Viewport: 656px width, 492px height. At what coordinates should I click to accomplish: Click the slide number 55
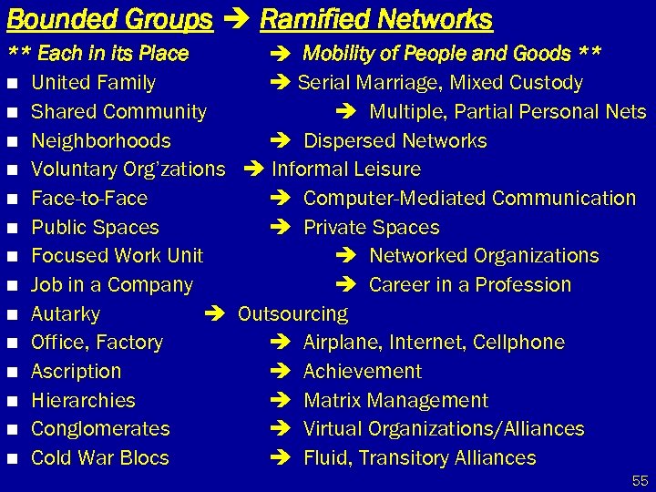[640, 479]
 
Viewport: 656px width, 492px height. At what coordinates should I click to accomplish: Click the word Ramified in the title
[307, 19]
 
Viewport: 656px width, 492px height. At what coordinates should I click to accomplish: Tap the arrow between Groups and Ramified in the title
[236, 19]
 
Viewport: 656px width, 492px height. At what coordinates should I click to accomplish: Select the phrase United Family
[93, 83]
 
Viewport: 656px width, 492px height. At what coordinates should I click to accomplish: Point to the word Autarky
[66, 314]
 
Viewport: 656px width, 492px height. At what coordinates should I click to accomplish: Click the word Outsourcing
[292, 314]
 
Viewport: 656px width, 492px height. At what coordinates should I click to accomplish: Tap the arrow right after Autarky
[214, 314]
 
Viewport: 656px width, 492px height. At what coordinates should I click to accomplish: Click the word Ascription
[76, 372]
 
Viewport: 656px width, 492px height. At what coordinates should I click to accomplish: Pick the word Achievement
[362, 372]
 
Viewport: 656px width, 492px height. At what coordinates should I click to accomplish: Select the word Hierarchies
[83, 401]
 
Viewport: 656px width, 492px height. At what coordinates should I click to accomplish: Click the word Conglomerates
[100, 429]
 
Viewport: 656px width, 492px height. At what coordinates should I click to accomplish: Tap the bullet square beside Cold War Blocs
[12, 458]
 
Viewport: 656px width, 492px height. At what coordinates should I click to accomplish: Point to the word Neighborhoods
[100, 141]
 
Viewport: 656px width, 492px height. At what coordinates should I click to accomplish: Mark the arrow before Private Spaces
[281, 228]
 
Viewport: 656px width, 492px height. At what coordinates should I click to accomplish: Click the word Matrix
[332, 401]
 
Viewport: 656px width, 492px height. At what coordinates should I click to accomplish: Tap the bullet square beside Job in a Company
[12, 285]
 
